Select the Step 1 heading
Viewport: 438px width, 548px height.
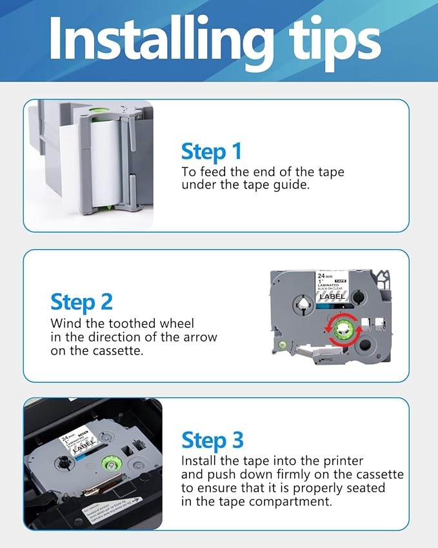pos(211,151)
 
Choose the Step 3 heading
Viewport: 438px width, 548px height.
pos(212,440)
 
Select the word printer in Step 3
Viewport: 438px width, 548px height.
pos(343,461)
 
